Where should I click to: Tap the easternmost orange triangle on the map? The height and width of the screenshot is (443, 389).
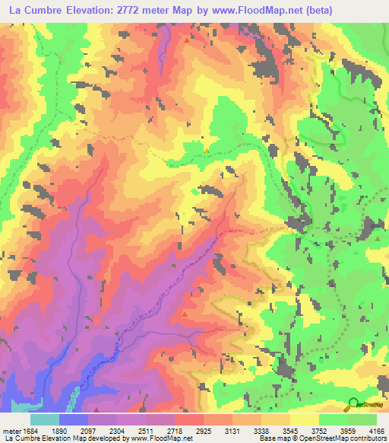pos(378,238)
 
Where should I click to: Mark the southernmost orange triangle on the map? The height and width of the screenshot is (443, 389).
pos(184,314)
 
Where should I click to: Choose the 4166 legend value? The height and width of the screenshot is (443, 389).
pos(376,430)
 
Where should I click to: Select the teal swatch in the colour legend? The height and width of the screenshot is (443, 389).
pos(45,419)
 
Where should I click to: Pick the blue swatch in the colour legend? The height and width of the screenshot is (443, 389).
pos(74,419)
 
